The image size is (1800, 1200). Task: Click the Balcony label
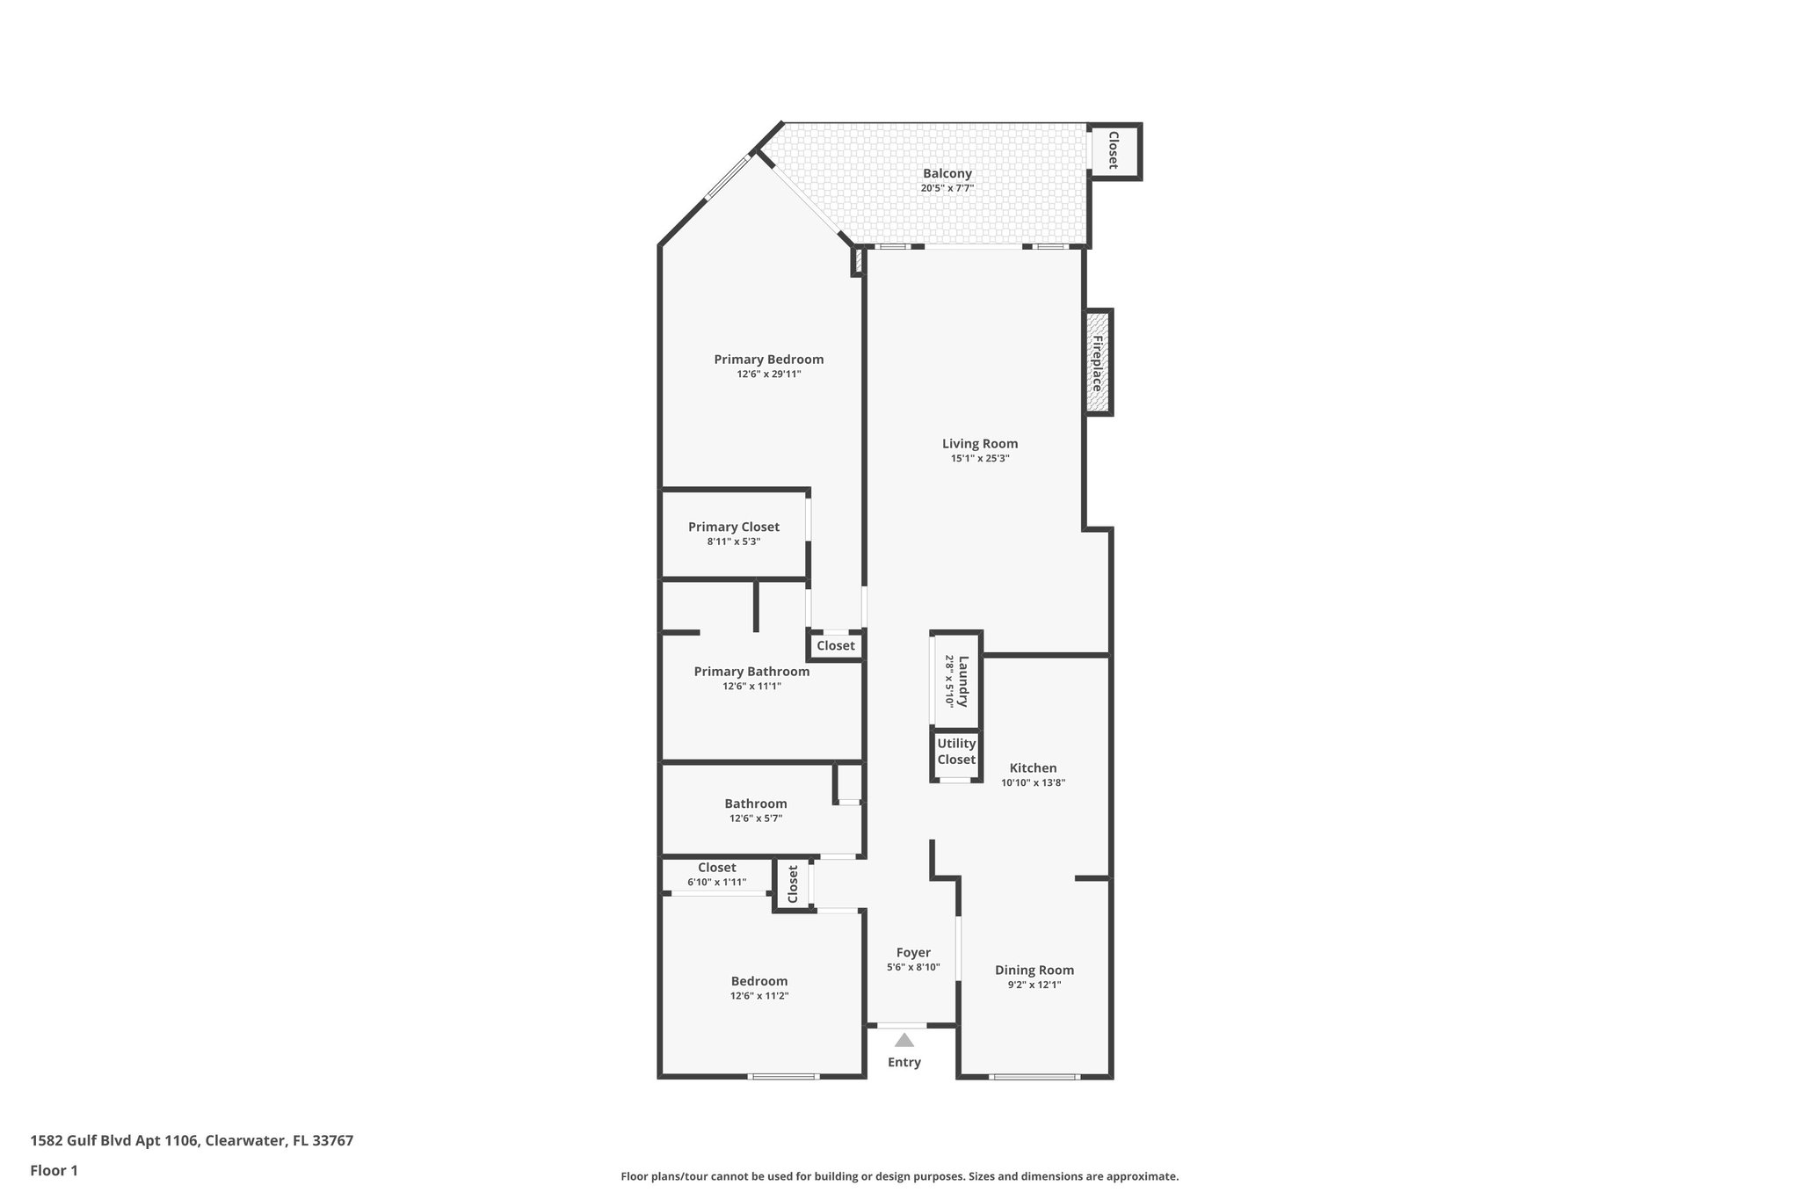point(947,174)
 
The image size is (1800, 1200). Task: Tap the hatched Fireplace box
point(1099,362)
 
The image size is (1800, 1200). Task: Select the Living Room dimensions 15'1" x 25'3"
point(979,458)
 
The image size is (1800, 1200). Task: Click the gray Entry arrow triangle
point(904,1040)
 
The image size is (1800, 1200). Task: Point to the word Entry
point(904,1062)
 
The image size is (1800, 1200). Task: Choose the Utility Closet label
point(956,752)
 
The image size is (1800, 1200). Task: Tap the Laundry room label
point(962,681)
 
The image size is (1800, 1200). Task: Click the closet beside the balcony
point(1113,151)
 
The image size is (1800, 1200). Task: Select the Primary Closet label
point(733,527)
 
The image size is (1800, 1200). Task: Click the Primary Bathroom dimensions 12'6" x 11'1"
point(751,686)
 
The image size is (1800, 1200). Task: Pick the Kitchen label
point(1033,767)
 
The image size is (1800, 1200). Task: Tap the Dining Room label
point(1034,970)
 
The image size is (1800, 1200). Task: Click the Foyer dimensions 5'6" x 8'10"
point(913,967)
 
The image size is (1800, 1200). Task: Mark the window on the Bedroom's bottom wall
point(783,1076)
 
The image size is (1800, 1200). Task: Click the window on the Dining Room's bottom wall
point(1034,1076)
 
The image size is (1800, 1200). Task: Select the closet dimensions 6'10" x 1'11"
point(716,882)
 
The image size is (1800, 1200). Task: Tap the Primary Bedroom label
point(768,359)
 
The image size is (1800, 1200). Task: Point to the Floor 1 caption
point(54,1171)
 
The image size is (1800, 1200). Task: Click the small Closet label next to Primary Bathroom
point(835,645)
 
